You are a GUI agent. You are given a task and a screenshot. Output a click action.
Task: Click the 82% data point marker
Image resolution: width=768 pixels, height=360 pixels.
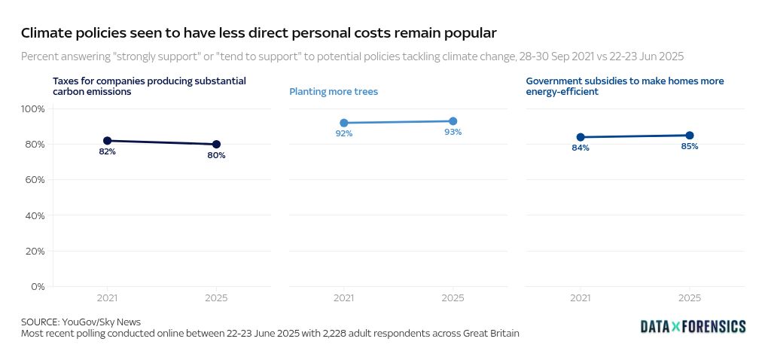click(107, 141)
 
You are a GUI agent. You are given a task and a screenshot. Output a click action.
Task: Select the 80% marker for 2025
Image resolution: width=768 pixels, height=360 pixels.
click(216, 144)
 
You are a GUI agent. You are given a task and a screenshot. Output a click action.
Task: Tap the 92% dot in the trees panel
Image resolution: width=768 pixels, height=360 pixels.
click(344, 123)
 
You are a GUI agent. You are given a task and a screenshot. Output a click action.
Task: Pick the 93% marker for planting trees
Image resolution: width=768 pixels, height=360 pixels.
click(453, 121)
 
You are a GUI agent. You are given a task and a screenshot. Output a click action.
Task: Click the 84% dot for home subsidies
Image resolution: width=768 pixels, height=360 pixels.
click(580, 137)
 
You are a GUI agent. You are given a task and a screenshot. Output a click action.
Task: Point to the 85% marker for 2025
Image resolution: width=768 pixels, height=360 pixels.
click(689, 136)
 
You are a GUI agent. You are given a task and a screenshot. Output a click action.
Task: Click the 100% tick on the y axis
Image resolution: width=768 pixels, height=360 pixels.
click(33, 109)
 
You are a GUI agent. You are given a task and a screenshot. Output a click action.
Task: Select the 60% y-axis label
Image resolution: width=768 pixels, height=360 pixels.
click(35, 180)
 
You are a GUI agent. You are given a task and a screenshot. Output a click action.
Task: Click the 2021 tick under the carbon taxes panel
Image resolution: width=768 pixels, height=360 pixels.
click(107, 298)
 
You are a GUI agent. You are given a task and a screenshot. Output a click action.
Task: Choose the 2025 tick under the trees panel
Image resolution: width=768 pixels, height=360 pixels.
click(453, 298)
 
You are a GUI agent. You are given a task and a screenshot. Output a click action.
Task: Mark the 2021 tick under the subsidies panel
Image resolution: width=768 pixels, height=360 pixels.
click(580, 298)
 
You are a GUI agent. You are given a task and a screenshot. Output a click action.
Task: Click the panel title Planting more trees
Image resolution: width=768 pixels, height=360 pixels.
click(334, 92)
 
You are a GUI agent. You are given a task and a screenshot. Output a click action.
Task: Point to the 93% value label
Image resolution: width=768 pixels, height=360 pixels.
click(453, 132)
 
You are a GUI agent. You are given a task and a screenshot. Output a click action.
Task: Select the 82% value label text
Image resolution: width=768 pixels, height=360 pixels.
click(107, 151)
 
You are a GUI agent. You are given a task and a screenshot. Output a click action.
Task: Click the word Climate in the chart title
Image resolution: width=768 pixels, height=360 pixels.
click(44, 33)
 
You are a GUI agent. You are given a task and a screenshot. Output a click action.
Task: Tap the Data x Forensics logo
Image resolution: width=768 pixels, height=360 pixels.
click(693, 326)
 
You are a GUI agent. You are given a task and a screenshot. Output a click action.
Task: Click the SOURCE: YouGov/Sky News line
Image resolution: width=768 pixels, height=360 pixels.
click(81, 322)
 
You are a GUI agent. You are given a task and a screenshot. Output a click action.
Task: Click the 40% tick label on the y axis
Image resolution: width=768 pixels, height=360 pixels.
click(35, 216)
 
